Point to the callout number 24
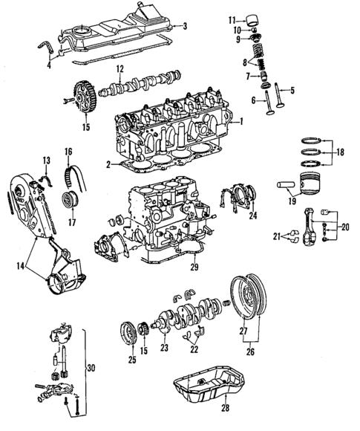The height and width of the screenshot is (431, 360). [x=253, y=217]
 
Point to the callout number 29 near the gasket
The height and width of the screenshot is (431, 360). [x=194, y=266]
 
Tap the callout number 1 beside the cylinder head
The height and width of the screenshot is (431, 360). [x=240, y=119]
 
